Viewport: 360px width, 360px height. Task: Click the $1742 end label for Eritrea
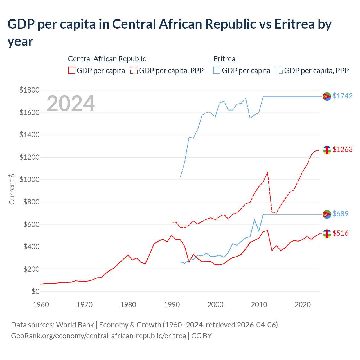tap(342, 96)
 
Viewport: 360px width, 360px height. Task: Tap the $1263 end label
tap(342, 149)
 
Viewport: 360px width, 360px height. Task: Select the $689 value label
tap(340, 214)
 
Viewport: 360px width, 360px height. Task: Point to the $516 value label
tap(340, 233)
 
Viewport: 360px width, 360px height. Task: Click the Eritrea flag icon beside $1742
tap(327, 96)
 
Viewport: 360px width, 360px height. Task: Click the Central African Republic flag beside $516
tap(327, 233)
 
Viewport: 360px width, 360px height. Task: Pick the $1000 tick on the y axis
tap(29, 180)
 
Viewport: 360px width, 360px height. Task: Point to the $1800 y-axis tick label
tap(29, 90)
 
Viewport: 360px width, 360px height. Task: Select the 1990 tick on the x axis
tap(172, 305)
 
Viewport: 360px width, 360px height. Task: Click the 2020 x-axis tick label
tap(303, 305)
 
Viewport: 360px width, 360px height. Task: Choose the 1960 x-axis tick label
tap(41, 305)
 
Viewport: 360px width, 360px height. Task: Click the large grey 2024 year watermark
tap(71, 103)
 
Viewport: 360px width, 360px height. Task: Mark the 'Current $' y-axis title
tap(12, 189)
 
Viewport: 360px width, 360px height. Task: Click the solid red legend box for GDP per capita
tap(72, 70)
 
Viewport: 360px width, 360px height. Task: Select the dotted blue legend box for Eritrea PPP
tap(279, 70)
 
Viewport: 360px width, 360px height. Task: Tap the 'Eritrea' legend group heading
tap(224, 59)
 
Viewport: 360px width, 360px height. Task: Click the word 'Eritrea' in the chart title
tap(294, 24)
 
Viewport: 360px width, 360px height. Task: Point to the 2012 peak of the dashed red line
tap(267, 172)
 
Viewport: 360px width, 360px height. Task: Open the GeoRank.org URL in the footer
tap(98, 336)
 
